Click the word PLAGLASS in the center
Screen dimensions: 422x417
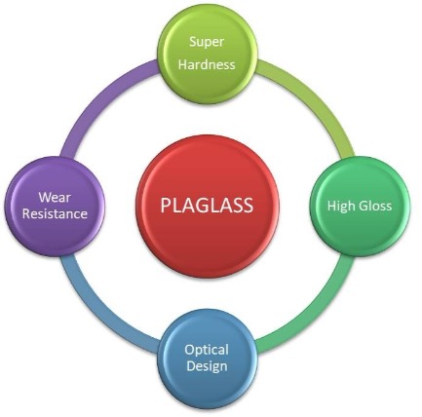click(x=207, y=206)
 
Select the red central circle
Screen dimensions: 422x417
click(x=208, y=207)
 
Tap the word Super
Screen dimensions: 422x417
click(x=207, y=42)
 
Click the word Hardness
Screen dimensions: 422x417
click(x=207, y=64)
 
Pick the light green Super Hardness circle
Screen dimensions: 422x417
click(x=208, y=54)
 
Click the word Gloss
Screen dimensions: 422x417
click(x=373, y=206)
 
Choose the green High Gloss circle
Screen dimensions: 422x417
click(x=360, y=207)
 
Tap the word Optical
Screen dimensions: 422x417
click(x=207, y=350)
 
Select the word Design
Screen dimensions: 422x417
click(x=207, y=366)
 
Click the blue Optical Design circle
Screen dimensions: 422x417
click(x=208, y=359)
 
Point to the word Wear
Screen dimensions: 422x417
click(x=55, y=197)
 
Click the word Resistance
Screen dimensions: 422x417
click(x=55, y=213)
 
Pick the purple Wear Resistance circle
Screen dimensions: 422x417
click(x=55, y=207)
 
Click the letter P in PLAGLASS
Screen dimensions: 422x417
click(x=166, y=206)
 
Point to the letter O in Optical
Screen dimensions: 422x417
click(x=190, y=350)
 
